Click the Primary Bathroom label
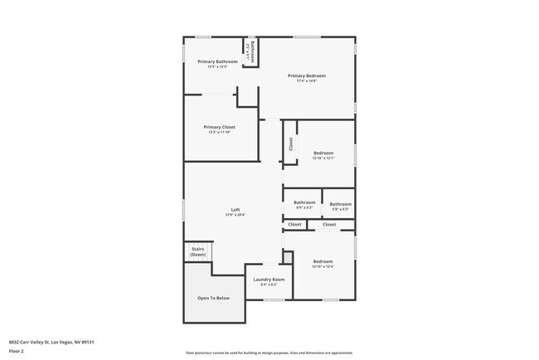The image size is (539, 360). pos(217,62)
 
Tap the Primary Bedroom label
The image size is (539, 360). pos(307,76)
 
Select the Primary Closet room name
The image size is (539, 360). pos(220,127)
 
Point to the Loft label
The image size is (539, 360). pos(236,210)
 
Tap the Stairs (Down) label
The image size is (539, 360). pos(198,251)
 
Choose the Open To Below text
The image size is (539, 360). pos(213,298)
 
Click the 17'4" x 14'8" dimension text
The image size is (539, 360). pos(307,81)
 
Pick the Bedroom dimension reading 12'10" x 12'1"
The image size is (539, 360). pos(323,158)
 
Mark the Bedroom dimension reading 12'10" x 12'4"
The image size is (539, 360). pos(323,266)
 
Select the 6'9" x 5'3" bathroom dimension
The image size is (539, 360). pos(304,207)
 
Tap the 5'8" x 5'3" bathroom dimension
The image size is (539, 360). pos(340,209)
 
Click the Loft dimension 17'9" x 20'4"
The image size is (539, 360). pos(236,215)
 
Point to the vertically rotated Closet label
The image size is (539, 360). pos(290,144)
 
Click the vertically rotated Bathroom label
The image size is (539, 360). pos(252,49)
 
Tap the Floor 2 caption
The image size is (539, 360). pos(17,352)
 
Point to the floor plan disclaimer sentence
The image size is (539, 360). pos(269,353)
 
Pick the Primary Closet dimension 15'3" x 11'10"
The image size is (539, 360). pos(220,132)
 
